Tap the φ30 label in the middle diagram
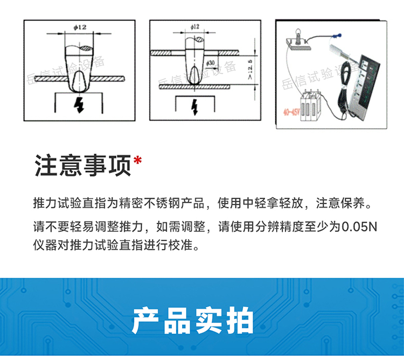211,63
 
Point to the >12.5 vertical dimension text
249,69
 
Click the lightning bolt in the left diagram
80,105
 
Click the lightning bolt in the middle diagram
195,107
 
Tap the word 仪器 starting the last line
45,248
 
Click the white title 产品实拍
193,321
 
